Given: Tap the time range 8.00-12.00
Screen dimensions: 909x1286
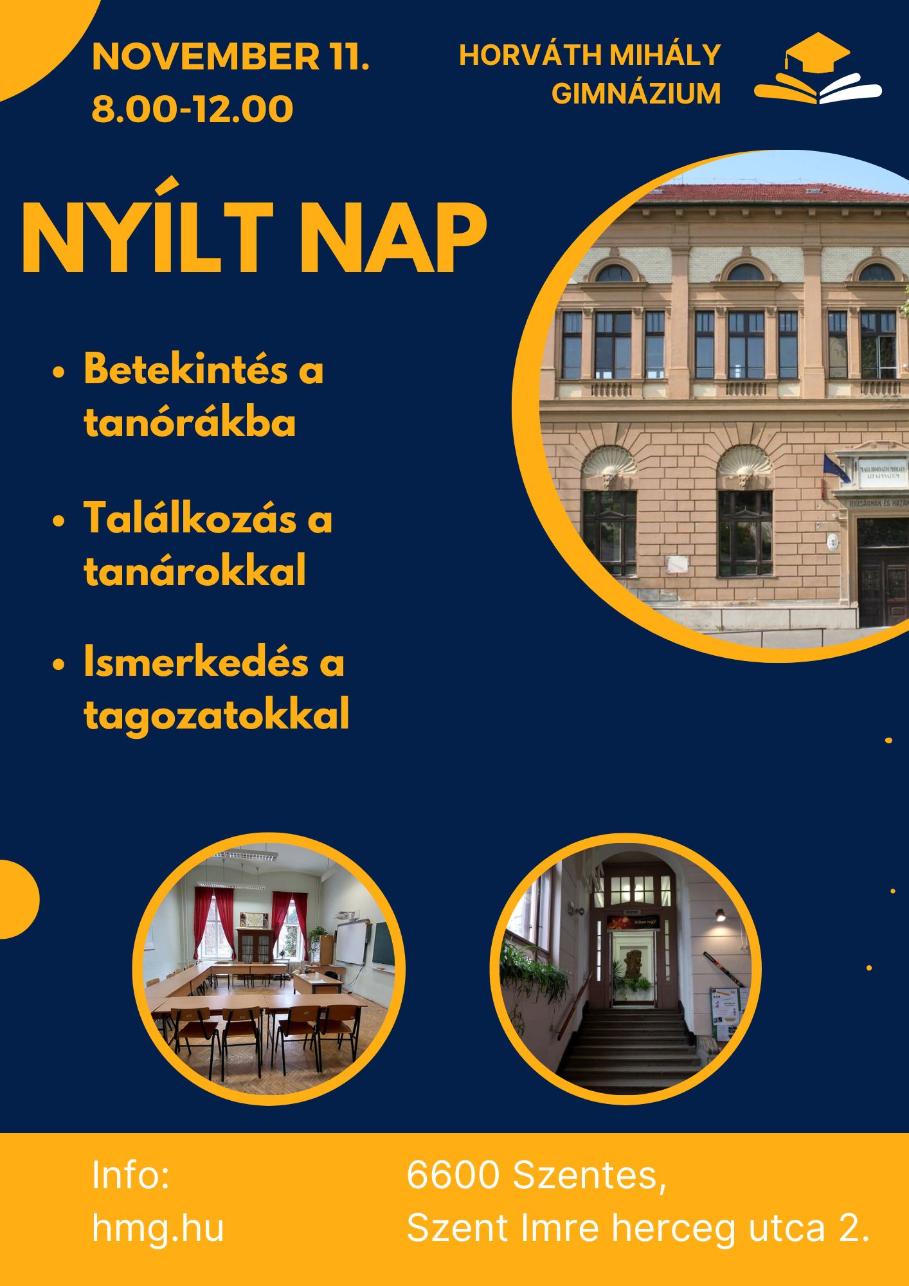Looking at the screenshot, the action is pos(193,109).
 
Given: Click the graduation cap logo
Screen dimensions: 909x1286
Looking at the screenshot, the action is pos(818,68).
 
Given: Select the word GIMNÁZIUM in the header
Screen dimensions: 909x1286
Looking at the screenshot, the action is pos(636,94).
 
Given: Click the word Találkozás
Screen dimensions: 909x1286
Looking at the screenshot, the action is pos(190,518).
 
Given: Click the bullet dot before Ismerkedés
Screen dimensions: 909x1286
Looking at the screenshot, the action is pos(60,665).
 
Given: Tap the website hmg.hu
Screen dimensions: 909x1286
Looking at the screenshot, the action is pos(158,1227).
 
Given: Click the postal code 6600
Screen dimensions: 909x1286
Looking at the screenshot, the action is pos(453,1175).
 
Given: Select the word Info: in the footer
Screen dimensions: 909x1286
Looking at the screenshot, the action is pos(130,1175).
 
